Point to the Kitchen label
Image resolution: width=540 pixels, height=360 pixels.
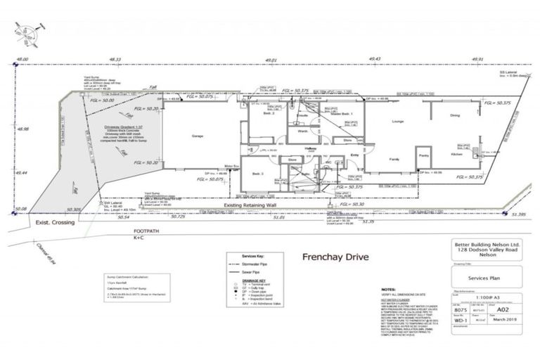[x=457, y=154]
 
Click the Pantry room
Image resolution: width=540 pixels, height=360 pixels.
[x=424, y=156]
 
